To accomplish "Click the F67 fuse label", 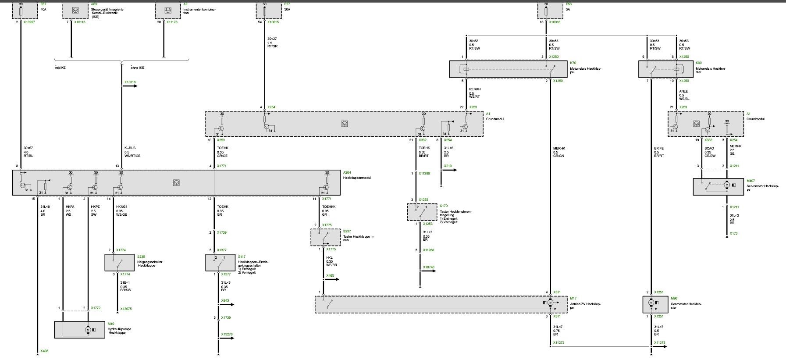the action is (43, 4).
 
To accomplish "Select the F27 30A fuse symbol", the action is (264, 10).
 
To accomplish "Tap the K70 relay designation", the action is (573, 63).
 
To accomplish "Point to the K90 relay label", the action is (698, 63).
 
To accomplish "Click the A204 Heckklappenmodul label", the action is (347, 173).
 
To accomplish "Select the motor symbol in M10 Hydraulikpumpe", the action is (88, 329).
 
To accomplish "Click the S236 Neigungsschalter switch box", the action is (119, 262).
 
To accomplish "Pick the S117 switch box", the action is (220, 262).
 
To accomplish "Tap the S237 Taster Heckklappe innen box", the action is (325, 237).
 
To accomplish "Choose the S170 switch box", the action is (422, 212).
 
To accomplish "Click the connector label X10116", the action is (130, 82).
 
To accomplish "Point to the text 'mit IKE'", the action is (60, 68).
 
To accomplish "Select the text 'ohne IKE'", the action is (137, 68).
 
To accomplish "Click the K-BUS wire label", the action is (130, 148).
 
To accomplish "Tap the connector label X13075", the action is (125, 309).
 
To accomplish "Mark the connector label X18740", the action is (429, 267).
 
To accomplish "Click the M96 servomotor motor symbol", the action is (651, 303).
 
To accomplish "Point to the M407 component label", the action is (750, 181).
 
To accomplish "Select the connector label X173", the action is (733, 233).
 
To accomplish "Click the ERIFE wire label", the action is (659, 148).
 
